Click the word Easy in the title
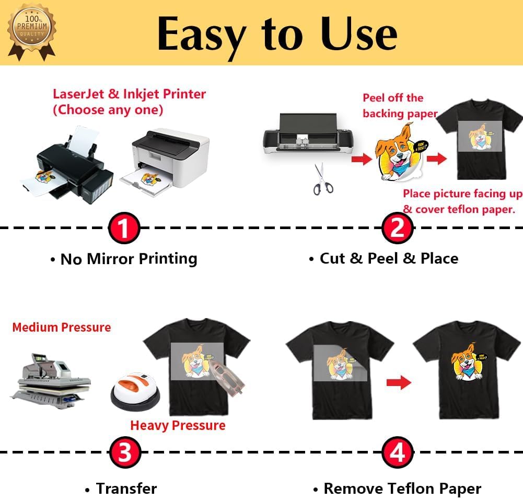coord(201,34)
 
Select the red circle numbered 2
coord(398,229)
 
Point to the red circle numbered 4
coord(398,453)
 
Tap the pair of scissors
coord(322,179)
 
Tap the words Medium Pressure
coord(62,327)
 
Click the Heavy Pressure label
coord(178,425)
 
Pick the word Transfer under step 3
coord(126,489)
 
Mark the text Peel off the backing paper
coord(400,105)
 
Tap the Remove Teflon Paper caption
coord(402,489)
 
